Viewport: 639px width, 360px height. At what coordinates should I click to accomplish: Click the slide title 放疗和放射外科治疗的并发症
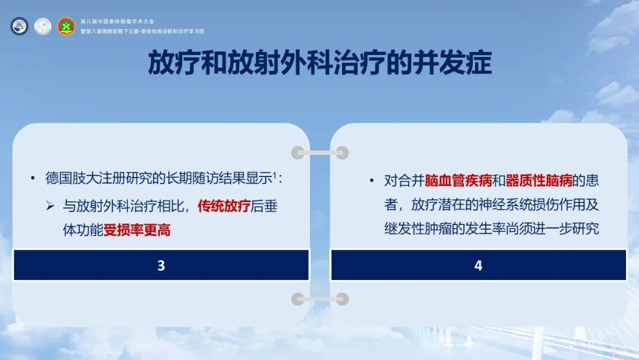320,63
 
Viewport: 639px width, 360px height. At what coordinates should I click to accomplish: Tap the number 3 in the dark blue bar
161,265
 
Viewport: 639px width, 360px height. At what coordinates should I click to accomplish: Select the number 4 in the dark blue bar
479,265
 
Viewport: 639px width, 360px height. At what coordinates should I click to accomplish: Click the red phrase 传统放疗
224,206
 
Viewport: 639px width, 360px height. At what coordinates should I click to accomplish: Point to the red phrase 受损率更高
137,230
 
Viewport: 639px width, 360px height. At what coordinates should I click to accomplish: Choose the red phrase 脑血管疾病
458,181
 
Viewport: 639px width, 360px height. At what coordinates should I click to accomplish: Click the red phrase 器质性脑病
539,181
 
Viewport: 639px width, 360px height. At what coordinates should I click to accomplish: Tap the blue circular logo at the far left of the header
19,26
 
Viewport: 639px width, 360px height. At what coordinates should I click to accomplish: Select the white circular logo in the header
43,26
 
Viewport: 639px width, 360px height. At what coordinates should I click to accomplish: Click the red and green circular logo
66,26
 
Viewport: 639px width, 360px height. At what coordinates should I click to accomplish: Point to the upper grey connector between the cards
320,153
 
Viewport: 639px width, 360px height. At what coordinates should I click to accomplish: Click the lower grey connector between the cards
320,299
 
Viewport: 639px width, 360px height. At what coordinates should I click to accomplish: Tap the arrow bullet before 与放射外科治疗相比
50,206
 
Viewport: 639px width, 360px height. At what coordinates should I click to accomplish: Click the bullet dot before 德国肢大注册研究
33,178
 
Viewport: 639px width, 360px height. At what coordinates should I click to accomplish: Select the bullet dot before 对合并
372,180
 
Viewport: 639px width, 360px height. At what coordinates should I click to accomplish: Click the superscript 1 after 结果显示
275,175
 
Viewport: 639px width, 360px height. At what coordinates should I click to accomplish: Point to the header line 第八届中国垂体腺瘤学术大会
117,21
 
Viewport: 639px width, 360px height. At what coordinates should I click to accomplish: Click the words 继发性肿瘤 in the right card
418,229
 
